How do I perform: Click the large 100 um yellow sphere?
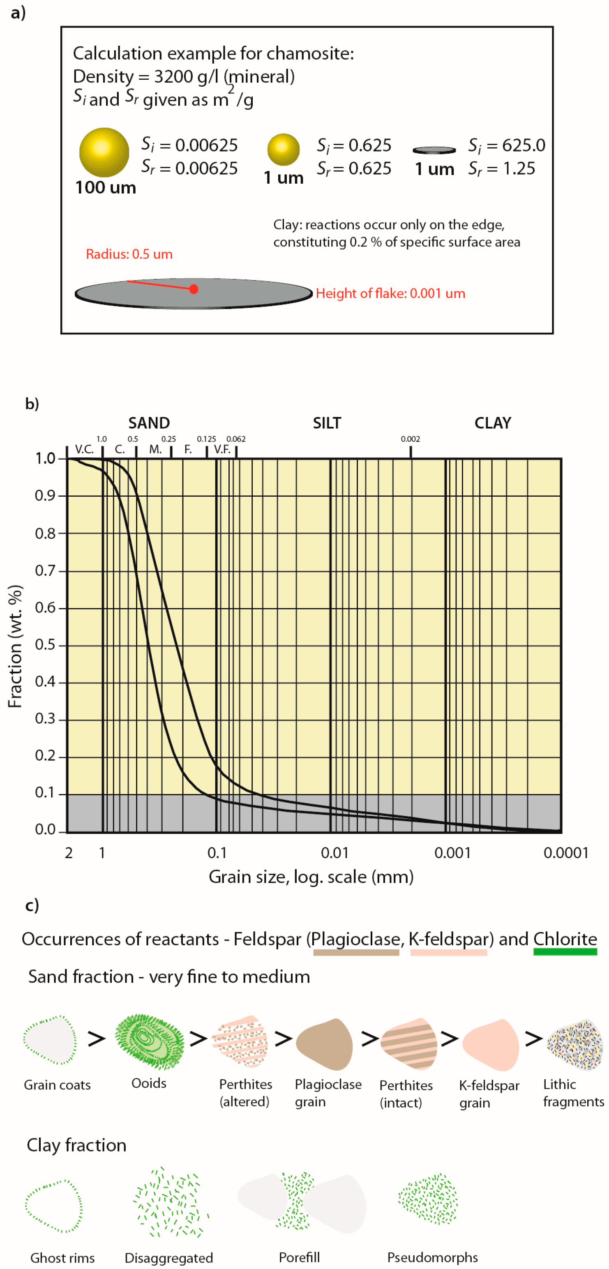[x=104, y=152]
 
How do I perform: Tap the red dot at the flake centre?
[x=194, y=289]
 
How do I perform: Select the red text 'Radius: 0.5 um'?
[x=129, y=254]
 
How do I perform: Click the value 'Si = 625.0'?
[x=507, y=145]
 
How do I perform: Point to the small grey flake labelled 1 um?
[x=434, y=150]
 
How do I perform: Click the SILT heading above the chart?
[x=327, y=423]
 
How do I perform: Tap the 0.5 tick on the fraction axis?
[x=45, y=645]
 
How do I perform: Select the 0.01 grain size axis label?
[x=334, y=853]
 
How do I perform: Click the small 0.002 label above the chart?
[x=410, y=439]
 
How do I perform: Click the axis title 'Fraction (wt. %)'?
[x=15, y=646]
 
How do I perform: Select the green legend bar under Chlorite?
[x=565, y=952]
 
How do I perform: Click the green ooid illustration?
[x=149, y=1041]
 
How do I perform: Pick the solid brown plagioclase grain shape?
[x=325, y=1044]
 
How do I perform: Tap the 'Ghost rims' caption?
[x=62, y=1257]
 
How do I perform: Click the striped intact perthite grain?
[x=408, y=1044]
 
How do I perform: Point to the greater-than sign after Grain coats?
[x=97, y=1039]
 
